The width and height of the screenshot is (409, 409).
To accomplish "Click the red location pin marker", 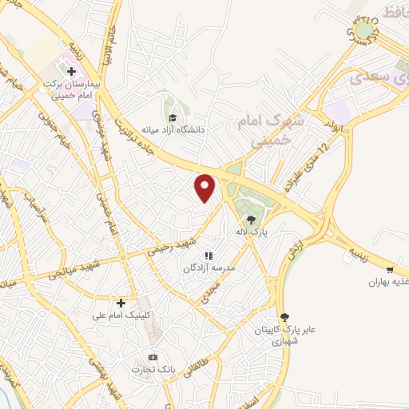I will tap(206, 187).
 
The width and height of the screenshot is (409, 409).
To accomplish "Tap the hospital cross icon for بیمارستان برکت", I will tap(71, 71).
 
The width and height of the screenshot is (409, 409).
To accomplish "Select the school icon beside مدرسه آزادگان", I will tap(208, 256).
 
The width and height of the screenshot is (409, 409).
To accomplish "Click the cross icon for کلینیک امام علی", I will tap(120, 303).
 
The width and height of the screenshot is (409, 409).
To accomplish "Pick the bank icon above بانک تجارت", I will tap(153, 356).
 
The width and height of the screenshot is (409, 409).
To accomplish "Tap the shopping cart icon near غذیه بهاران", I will tap(389, 271).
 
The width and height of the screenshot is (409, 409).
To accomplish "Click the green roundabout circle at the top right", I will tap(364, 31).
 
